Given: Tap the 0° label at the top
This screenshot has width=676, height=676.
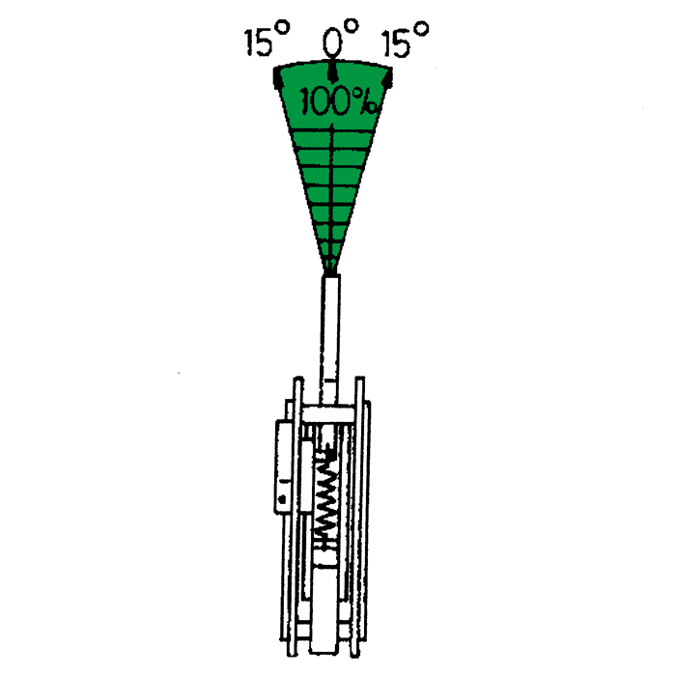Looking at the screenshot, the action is [x=340, y=38].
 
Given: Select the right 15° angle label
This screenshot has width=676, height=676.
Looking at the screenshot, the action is [x=406, y=40].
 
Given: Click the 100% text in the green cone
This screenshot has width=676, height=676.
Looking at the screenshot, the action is [x=340, y=102].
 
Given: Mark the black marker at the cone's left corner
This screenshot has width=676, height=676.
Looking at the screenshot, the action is [x=278, y=78].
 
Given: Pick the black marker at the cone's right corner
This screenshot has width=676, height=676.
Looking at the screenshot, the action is [x=388, y=78].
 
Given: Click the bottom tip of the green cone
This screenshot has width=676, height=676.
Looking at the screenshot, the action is [x=330, y=274].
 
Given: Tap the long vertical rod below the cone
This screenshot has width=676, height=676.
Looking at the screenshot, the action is [x=330, y=340].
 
